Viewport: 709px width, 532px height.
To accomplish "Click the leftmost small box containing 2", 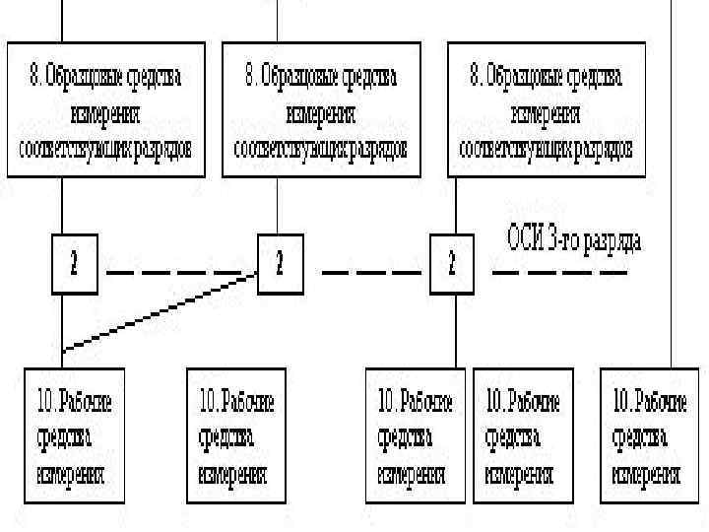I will tap(75, 264).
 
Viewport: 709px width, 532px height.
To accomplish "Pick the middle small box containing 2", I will tap(281, 264).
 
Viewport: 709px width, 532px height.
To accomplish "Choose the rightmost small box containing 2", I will tap(453, 264).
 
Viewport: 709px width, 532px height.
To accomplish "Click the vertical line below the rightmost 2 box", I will tap(454, 330).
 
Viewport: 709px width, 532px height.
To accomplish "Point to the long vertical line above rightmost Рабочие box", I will tap(673, 197).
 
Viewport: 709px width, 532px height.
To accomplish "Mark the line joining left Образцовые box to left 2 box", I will tap(62, 207).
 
